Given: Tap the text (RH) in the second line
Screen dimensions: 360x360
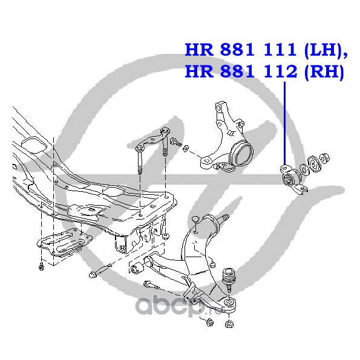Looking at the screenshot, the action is pyautogui.click(x=324, y=71).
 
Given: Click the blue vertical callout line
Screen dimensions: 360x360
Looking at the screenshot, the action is pyautogui.click(x=285, y=123).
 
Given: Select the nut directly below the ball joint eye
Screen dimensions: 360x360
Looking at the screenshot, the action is pyautogui.click(x=229, y=324).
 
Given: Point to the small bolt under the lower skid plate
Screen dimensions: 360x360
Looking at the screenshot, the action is pyautogui.click(x=42, y=266).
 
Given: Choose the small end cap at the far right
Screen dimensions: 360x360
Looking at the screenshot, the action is pyautogui.click(x=324, y=158).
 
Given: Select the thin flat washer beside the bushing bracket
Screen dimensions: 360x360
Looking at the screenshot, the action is pyautogui.click(x=304, y=170).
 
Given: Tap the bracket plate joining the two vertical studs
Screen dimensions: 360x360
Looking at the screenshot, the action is pyautogui.click(x=152, y=139).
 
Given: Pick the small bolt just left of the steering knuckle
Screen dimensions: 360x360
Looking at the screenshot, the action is pyautogui.click(x=176, y=142).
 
